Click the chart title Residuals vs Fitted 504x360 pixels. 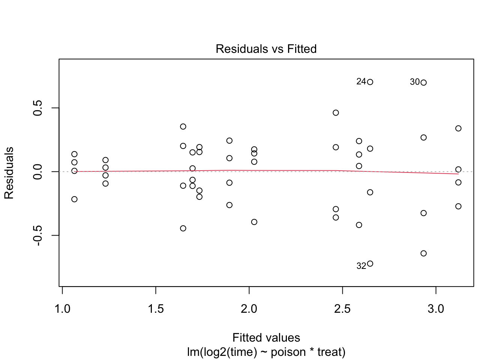click(266, 49)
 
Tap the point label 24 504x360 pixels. click(361, 81)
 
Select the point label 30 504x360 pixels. click(415, 82)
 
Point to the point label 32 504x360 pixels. click(361, 266)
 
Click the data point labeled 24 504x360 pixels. click(370, 82)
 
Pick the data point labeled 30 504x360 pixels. click(424, 82)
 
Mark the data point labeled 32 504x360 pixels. click(370, 264)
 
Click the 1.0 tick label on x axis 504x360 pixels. click(62, 309)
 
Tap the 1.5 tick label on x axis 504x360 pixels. click(156, 309)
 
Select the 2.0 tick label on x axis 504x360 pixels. click(249, 309)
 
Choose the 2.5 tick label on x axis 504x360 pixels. click(342, 309)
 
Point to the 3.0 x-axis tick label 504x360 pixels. click(436, 309)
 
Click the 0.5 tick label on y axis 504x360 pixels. click(37, 108)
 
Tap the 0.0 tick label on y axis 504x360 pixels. click(37, 172)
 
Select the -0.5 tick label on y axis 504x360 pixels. click(37, 235)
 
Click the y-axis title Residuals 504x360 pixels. click(9, 173)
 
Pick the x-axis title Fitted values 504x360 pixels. click(266, 337)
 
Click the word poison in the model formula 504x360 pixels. click(288, 352)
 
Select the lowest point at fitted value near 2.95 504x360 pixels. click(424, 253)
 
